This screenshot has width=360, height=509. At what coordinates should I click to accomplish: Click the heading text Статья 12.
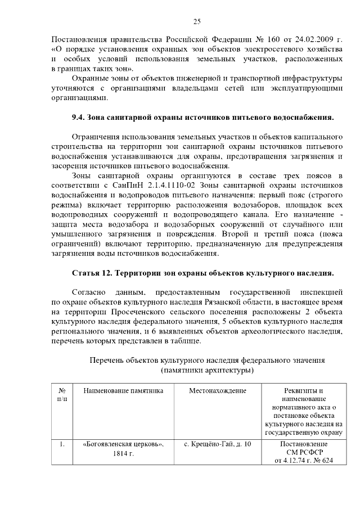(92, 273)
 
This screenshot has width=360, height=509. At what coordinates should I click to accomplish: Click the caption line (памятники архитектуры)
(208, 370)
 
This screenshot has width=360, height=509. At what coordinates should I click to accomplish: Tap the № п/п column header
(62, 394)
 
